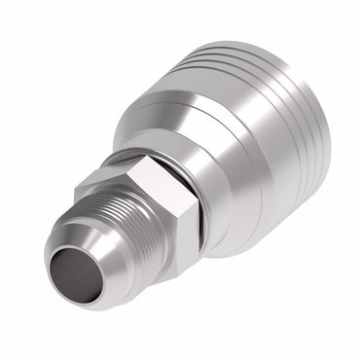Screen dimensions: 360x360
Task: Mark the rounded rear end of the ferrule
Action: tap(321, 146)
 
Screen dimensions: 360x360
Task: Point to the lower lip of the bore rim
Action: tap(82, 302)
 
